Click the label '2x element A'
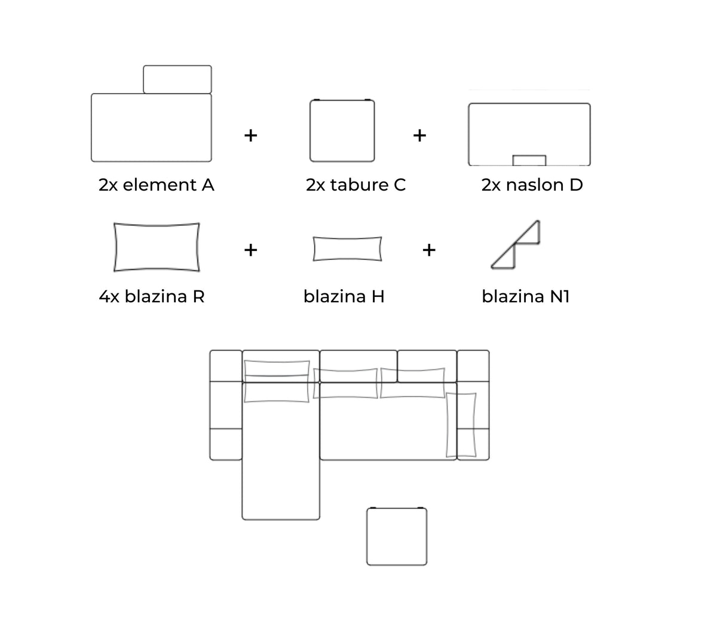(x=156, y=185)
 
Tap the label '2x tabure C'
(x=356, y=185)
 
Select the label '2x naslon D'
(x=532, y=185)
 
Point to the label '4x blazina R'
(x=152, y=296)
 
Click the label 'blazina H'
(x=344, y=296)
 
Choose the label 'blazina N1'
(x=526, y=296)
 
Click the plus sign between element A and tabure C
(x=250, y=136)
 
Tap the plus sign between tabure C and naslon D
(x=419, y=136)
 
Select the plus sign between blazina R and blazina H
(x=250, y=250)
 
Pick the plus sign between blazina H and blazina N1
(x=429, y=250)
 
